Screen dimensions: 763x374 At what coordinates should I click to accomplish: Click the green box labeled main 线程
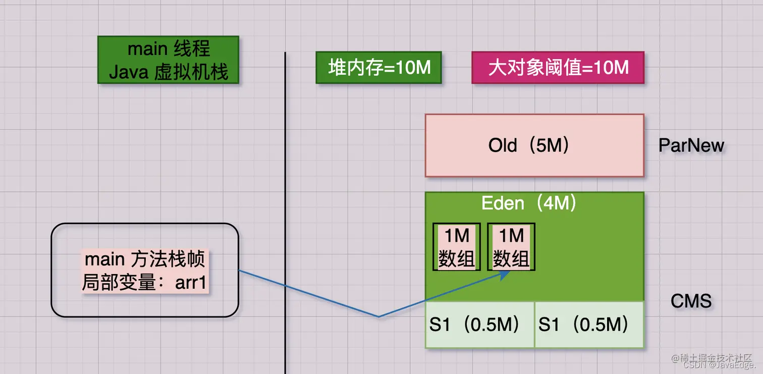[x=168, y=60]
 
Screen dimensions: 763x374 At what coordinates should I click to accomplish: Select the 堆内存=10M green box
[x=379, y=68]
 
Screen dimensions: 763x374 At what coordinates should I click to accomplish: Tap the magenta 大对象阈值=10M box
[x=558, y=68]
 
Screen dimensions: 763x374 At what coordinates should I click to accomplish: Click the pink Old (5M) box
[x=534, y=145]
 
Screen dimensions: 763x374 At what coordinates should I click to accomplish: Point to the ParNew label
[x=691, y=145]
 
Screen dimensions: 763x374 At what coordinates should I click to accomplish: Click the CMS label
[x=691, y=301]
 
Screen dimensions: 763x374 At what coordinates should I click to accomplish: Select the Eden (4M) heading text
[x=529, y=203]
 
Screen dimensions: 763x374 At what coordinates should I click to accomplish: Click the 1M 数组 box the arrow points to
[x=511, y=247]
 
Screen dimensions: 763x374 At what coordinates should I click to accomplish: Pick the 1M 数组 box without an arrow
[x=457, y=247]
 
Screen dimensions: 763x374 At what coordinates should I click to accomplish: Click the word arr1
[x=191, y=283]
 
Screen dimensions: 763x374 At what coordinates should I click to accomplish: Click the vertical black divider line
[x=286, y=202]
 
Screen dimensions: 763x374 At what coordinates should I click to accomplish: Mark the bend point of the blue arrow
[x=378, y=316]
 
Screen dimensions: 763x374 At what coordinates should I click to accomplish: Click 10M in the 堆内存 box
[x=413, y=68]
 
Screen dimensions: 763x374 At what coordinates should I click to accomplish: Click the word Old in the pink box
[x=503, y=145]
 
